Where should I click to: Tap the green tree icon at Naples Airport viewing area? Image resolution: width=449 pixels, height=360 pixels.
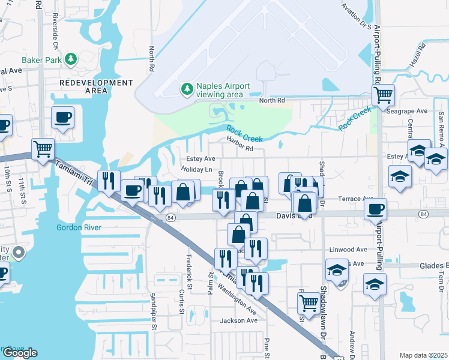(x=187, y=89)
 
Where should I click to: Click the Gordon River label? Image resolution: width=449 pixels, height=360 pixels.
(x=79, y=227)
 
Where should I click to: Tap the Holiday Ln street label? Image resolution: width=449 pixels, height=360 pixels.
(x=197, y=170)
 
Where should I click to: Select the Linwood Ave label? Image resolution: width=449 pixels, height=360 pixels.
(x=348, y=249)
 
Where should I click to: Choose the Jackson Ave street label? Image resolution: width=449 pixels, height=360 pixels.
(x=234, y=321)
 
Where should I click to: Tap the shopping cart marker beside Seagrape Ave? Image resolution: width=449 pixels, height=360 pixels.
(x=382, y=95)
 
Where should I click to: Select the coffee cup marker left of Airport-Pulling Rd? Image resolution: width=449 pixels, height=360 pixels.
(x=376, y=209)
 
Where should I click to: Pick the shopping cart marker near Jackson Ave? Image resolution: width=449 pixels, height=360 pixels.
(x=309, y=304)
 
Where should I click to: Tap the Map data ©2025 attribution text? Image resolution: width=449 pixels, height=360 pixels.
(x=424, y=355)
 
